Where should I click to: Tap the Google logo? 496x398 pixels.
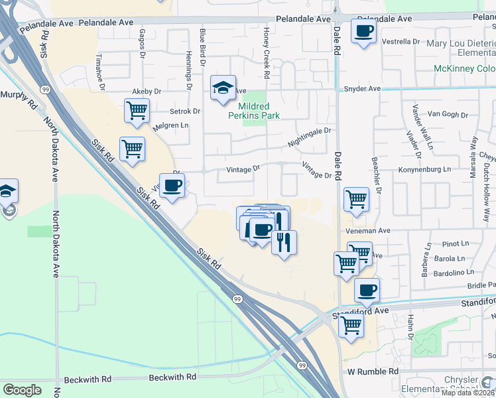[22, 390]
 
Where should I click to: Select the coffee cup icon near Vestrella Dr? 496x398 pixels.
[363, 31]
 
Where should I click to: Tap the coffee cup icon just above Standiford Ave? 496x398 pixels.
[367, 289]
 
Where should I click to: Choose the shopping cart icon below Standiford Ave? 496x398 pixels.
[351, 325]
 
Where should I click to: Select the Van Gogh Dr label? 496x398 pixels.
[443, 114]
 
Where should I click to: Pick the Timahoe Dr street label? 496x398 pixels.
[101, 71]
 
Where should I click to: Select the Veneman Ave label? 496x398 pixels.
[367, 231]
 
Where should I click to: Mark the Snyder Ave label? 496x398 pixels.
[362, 89]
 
